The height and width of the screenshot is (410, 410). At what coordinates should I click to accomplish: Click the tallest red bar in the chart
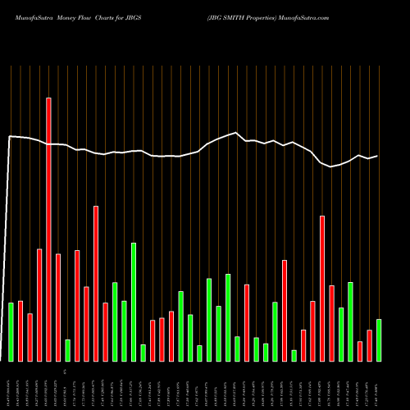48,230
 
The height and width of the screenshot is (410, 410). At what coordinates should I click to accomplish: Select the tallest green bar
134,302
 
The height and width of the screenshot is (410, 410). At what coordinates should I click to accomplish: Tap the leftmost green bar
11,332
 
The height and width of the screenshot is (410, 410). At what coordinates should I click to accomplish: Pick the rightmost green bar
379,340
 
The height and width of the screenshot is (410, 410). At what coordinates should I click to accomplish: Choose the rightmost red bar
369,345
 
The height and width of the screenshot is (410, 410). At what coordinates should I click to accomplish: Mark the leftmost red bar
20,331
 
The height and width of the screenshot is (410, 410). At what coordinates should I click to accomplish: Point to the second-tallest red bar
96,283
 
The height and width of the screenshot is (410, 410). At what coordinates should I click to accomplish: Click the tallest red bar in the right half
322,288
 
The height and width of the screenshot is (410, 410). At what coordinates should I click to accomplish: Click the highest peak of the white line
236,133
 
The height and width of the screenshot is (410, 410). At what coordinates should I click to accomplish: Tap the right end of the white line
378,156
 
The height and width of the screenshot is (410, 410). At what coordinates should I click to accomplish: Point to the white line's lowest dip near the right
331,166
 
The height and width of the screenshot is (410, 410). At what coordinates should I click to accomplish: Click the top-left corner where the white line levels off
11,136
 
